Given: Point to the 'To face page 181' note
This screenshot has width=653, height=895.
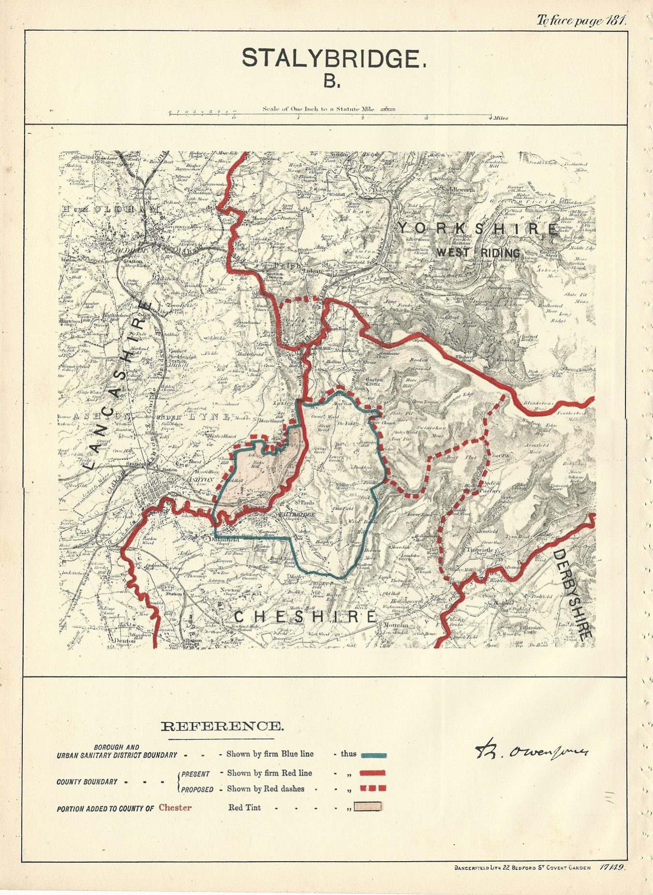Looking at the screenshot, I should [x=581, y=20].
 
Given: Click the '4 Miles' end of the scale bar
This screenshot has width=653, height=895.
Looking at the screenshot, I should [x=498, y=118].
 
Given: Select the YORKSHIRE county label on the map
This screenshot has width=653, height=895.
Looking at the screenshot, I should [x=477, y=228].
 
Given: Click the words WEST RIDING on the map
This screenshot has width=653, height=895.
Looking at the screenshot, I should [x=478, y=253].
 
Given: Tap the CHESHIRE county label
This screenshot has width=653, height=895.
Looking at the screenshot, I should [x=305, y=617].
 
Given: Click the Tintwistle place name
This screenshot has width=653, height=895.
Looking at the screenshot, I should [x=479, y=549].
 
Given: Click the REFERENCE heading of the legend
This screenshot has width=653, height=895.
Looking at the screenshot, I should [x=222, y=726].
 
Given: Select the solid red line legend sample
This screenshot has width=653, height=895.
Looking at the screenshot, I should [x=373, y=773].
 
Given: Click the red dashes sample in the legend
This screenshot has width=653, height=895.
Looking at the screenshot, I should [x=373, y=789].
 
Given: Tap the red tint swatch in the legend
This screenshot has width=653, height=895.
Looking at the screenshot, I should [x=368, y=806].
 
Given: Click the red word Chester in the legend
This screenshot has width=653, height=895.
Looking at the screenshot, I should [x=175, y=807].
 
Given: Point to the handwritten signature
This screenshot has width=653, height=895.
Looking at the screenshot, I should [x=530, y=750].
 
